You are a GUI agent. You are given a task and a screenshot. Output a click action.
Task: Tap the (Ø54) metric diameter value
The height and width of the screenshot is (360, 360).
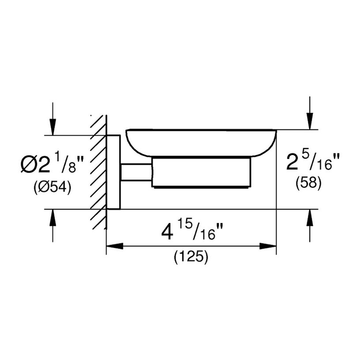53,188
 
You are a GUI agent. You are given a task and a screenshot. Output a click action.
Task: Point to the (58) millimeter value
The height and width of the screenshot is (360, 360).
308,183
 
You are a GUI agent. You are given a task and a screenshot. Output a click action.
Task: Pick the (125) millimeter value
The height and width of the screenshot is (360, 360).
191,257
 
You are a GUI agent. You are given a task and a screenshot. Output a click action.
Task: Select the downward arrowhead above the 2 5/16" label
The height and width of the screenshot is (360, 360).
310,121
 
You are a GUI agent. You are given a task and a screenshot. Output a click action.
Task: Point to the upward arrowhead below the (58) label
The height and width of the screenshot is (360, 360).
310,218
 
